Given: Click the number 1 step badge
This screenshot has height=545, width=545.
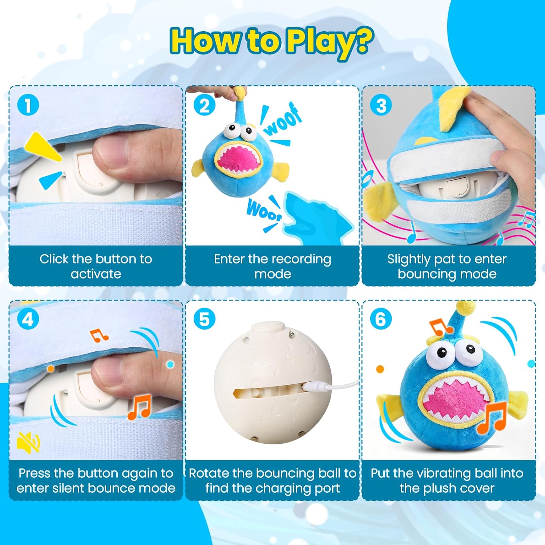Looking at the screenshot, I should pos(28,105).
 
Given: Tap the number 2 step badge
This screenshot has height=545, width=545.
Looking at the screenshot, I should pos(204,105).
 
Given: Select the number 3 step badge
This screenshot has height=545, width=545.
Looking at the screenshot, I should pos(381,105).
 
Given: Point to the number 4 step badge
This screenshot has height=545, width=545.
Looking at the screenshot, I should pos(28,319).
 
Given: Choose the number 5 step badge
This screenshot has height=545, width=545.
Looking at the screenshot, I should pos(204,319).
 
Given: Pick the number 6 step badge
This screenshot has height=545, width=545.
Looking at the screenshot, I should pos(381,319).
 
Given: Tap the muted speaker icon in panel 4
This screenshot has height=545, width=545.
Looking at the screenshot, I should pos(28,442).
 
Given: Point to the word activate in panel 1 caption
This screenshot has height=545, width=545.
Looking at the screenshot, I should pos(96,274).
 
